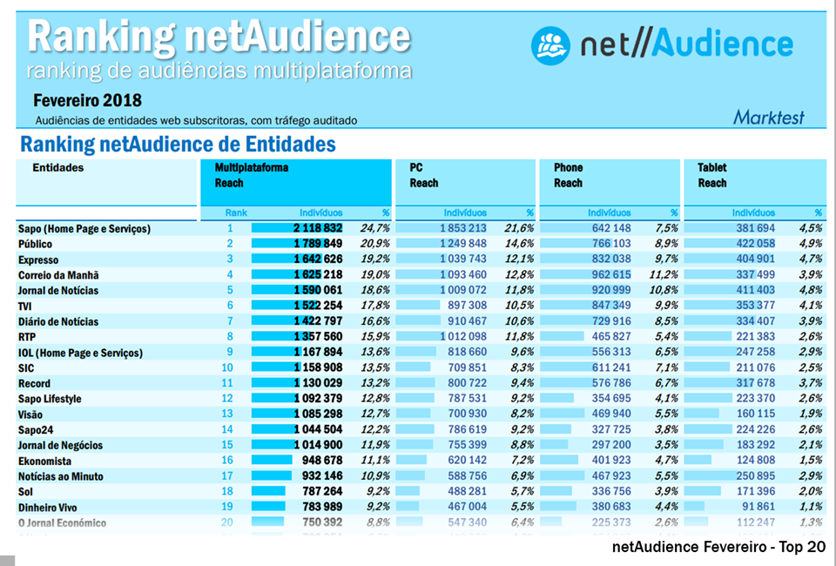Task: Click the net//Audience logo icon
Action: (550, 43)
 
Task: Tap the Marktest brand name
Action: (768, 118)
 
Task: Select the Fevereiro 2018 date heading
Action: (87, 101)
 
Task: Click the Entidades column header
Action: (58, 167)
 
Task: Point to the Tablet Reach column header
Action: (712, 175)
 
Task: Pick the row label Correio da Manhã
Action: (58, 275)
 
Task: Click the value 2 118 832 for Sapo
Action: (321, 228)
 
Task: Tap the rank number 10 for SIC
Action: (230, 368)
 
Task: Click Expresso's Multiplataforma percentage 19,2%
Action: (375, 259)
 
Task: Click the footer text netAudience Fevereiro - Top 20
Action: (718, 547)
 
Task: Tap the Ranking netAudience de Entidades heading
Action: (178, 144)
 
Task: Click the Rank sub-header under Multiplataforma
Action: (236, 212)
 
